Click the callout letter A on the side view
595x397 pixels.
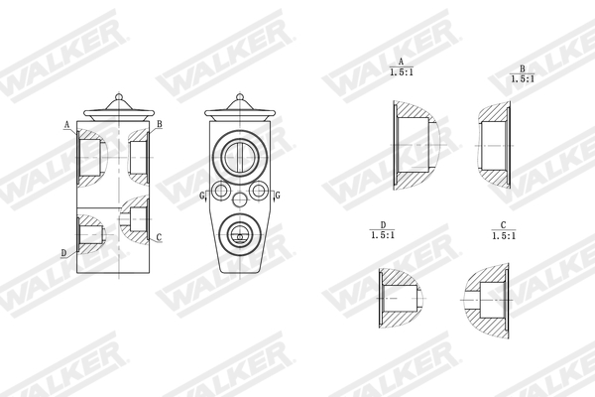[x=66, y=126]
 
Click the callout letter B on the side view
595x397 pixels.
[x=159, y=125]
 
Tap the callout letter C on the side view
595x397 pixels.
[x=159, y=237]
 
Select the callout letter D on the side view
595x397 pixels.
[x=63, y=253]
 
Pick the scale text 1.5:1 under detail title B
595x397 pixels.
[x=522, y=77]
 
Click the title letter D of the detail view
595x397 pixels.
[x=382, y=225]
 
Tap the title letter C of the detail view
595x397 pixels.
[x=504, y=225]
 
